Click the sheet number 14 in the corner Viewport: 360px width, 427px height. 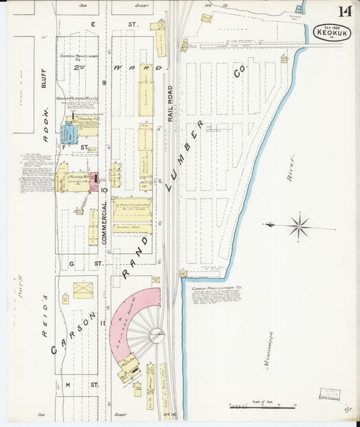coord(344,11)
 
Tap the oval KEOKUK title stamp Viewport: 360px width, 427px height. coord(332,32)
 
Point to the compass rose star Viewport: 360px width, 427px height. coord(298,226)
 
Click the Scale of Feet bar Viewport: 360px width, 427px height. coord(263,406)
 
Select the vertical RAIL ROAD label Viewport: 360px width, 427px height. coord(171,103)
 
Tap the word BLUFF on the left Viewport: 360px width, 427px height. coord(43,78)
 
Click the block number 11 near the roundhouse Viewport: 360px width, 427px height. coord(103,324)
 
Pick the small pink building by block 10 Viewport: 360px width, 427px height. coord(94,181)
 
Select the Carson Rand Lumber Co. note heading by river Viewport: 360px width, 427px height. coord(217,288)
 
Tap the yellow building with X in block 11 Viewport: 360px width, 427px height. coord(83,290)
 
